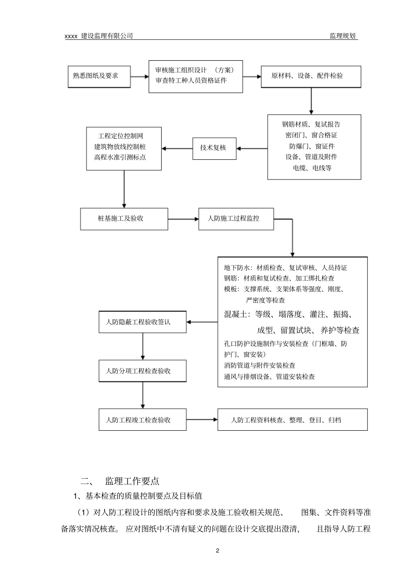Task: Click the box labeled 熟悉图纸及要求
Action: point(99,76)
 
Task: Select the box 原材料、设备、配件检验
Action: point(311,76)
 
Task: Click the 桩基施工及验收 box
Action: point(124,219)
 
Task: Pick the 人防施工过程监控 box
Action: point(236,219)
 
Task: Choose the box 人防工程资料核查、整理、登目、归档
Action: point(292,420)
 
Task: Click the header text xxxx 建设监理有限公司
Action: point(98,36)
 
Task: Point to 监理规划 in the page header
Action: point(343,36)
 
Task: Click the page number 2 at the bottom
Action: point(217,551)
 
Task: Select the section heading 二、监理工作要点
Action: point(120,481)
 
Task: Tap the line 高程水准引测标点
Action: point(120,157)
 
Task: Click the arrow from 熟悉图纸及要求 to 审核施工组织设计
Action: point(139,77)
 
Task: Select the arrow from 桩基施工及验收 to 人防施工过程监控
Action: point(183,219)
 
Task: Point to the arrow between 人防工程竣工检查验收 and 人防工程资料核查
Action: point(202,420)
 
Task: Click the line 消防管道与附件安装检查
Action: point(260,366)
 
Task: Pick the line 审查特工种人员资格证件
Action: point(191,81)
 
